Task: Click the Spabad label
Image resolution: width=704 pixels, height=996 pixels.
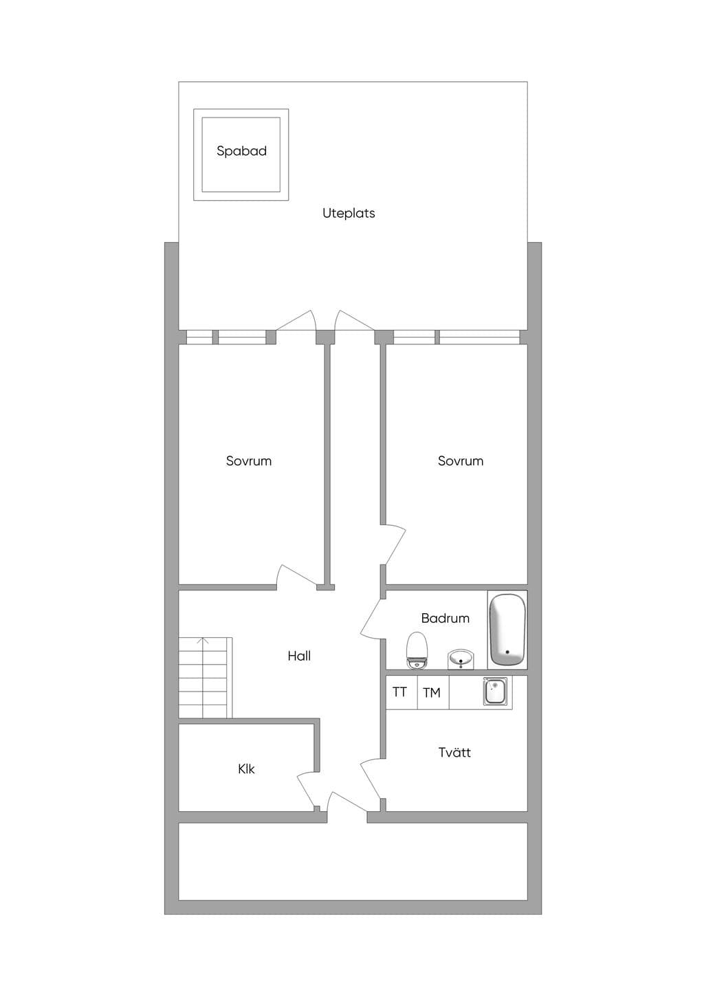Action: tap(241, 151)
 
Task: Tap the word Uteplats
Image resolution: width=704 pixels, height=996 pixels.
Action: tap(349, 213)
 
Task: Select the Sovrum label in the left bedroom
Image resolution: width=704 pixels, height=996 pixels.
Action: tap(249, 461)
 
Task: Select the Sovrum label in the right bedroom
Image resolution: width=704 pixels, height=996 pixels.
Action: tap(461, 461)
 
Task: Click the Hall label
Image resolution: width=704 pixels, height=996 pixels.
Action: tap(299, 655)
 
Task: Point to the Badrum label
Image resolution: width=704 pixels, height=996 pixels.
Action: tap(445, 618)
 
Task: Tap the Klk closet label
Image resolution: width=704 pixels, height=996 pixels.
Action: tap(246, 768)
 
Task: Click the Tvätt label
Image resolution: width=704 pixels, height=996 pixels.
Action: tap(454, 753)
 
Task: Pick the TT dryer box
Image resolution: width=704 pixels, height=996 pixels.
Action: tap(401, 692)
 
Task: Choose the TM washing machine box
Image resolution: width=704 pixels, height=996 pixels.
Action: tap(433, 692)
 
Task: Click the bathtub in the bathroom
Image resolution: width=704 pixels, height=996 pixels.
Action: tap(507, 630)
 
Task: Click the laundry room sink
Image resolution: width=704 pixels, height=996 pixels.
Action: tap(495, 692)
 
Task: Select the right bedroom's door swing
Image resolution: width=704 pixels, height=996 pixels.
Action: tap(395, 544)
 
